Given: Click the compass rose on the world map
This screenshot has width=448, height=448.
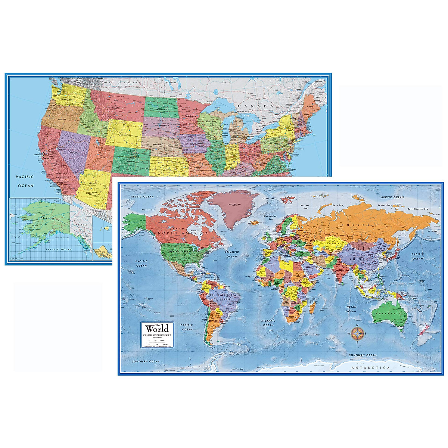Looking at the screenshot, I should click(357, 333).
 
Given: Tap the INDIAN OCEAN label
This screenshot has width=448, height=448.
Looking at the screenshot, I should click(351, 309).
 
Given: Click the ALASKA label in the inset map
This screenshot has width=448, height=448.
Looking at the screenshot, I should click(47, 218).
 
